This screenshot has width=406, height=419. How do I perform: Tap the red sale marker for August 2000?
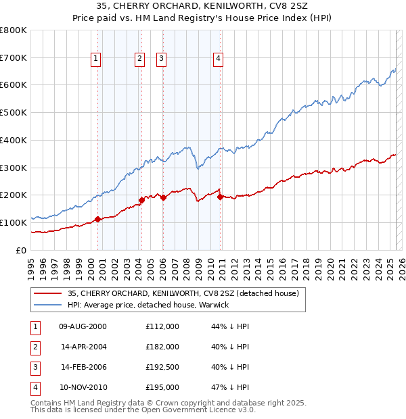click(x=97, y=219)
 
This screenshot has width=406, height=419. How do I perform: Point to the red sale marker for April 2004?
click(x=141, y=199)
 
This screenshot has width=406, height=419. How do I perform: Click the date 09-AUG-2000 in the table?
click(x=83, y=326)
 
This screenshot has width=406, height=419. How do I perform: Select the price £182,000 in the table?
click(x=162, y=347)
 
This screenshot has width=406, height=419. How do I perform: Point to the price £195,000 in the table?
click(x=162, y=387)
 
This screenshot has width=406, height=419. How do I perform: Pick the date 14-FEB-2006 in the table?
click(x=83, y=367)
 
